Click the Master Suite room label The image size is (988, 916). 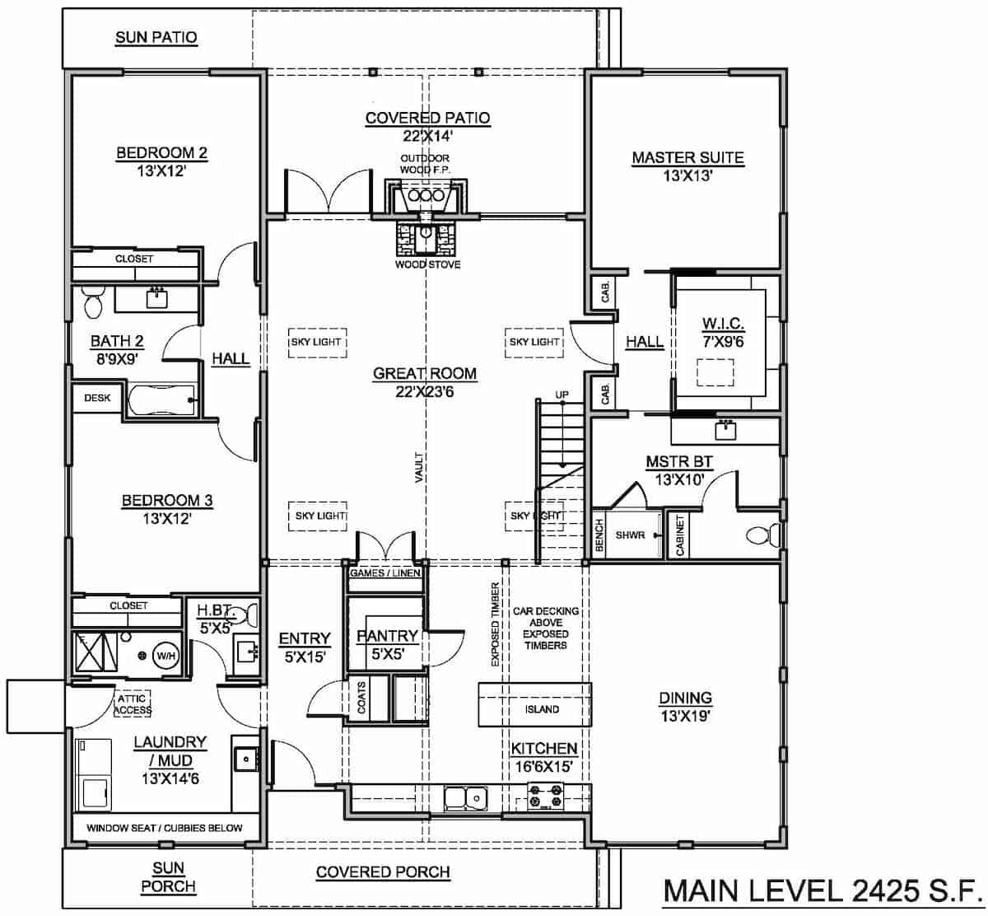[x=687, y=157]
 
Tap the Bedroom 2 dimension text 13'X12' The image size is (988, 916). [x=161, y=171]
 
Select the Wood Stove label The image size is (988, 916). [x=427, y=264]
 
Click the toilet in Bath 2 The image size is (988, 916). [x=91, y=302]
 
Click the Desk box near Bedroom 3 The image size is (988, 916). [x=97, y=398]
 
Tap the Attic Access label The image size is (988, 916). [x=133, y=704]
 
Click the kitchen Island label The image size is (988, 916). [x=542, y=709]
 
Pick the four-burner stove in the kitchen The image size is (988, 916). [x=546, y=797]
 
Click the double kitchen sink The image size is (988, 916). [x=464, y=797]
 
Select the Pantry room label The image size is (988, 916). [x=387, y=636]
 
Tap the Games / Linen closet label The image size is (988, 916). [x=385, y=572]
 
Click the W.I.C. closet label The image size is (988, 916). [x=722, y=323]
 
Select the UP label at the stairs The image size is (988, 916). [x=562, y=395]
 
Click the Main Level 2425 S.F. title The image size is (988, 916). [x=820, y=891]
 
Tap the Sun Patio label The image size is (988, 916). [x=156, y=37]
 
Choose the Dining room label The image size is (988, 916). [x=685, y=698]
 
